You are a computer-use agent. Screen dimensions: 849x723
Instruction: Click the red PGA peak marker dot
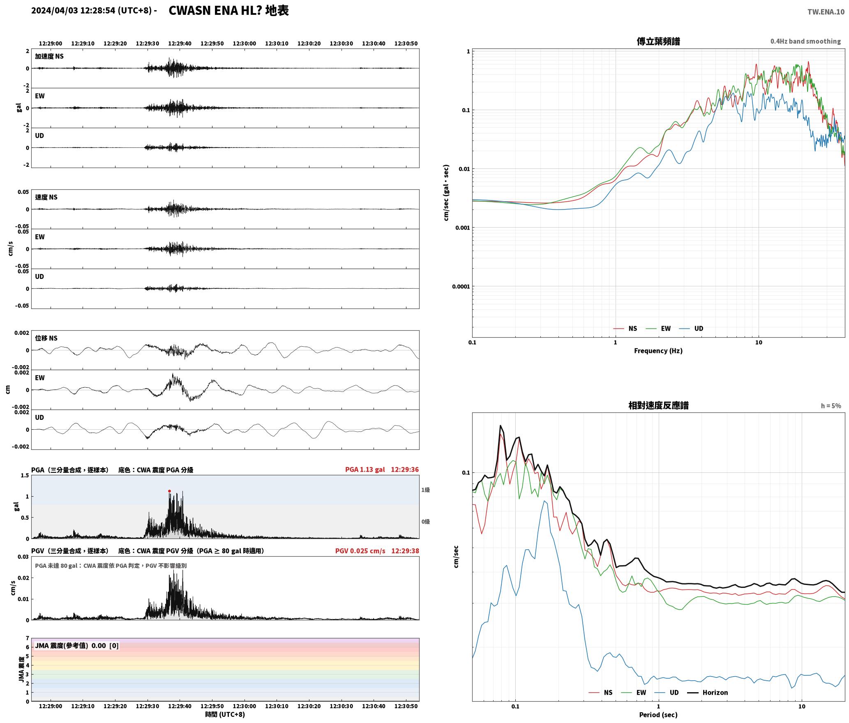click(x=169, y=491)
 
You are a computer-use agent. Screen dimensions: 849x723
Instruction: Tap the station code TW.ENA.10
click(x=826, y=12)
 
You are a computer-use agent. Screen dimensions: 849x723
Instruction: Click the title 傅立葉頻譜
click(x=658, y=41)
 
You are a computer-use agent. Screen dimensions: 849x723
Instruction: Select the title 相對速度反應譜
click(x=658, y=405)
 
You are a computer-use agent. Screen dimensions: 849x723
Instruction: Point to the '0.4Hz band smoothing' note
click(x=805, y=41)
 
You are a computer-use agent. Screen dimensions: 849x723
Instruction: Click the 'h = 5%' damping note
click(x=831, y=406)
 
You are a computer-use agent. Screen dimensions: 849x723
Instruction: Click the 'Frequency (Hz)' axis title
click(x=658, y=350)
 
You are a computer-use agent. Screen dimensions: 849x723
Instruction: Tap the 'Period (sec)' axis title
click(x=658, y=714)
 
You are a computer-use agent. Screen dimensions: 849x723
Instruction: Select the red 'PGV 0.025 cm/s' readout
click(x=360, y=551)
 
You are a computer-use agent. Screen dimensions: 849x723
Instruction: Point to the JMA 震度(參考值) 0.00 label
click(x=77, y=645)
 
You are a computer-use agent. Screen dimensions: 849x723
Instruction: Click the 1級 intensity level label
click(x=425, y=490)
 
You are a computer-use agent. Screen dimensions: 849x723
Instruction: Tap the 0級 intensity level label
click(x=425, y=522)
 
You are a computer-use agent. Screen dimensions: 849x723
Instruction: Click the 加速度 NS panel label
click(x=49, y=56)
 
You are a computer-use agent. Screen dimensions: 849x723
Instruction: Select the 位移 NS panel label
click(x=46, y=338)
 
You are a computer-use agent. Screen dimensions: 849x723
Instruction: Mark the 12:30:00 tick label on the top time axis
click(x=245, y=44)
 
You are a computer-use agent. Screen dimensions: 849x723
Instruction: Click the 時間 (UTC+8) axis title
click(x=225, y=714)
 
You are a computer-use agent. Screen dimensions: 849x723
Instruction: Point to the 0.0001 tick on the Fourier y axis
click(x=461, y=286)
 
